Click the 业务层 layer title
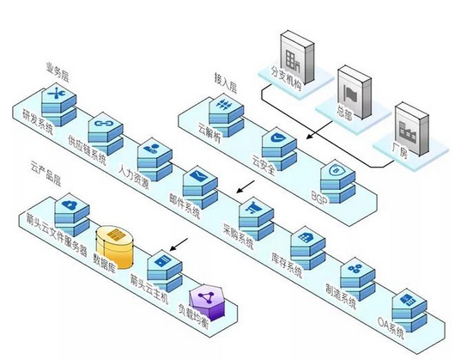tap(58, 72)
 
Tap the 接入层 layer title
tap(226, 82)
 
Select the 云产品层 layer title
tap(45, 174)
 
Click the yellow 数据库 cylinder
tap(115, 247)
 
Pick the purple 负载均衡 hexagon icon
tap(207, 302)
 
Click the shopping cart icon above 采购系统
tap(253, 207)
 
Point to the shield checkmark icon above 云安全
tap(278, 138)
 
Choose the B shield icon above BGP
tap(336, 171)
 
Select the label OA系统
tap(391, 328)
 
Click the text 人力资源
tap(134, 176)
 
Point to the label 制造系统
tap(341, 296)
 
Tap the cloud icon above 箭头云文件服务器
tap(70, 204)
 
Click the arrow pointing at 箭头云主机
tap(179, 244)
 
